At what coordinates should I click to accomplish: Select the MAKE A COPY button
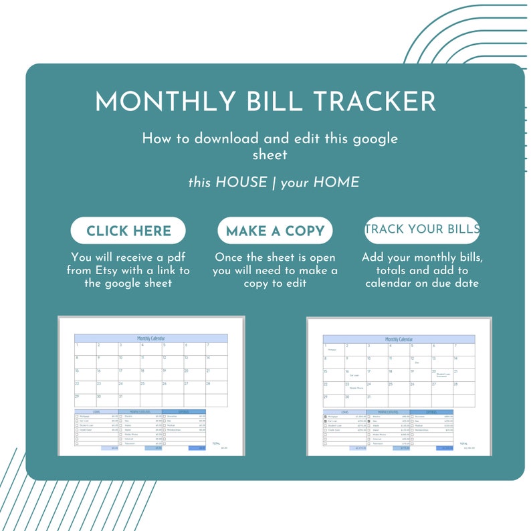275,231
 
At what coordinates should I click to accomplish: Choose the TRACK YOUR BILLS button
422,229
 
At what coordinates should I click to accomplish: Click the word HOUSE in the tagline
241,183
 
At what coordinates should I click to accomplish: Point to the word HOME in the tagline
336,183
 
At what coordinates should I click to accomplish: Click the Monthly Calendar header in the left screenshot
151,338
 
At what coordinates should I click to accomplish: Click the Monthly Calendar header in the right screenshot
399,339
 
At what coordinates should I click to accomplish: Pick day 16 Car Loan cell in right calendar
355,374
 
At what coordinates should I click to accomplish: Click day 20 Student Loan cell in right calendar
441,374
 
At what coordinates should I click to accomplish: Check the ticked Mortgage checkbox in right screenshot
325,416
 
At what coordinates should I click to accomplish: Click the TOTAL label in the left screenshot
216,443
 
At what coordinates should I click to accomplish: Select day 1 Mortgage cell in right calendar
333,348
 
